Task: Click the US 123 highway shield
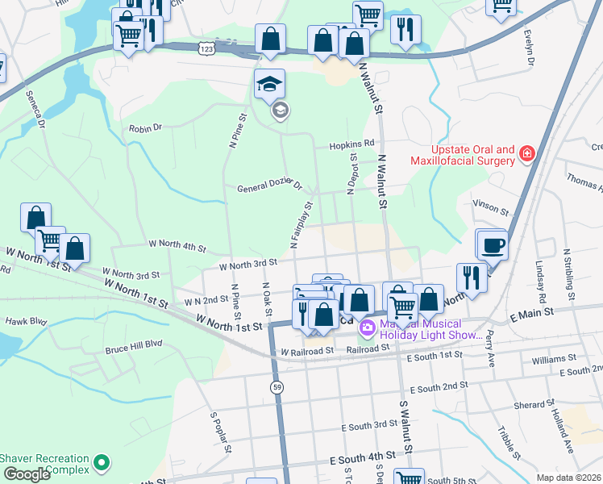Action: click(x=205, y=49)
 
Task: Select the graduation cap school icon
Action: click(x=270, y=84)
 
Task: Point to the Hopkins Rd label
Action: click(x=351, y=144)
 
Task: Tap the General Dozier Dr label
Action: click(x=269, y=187)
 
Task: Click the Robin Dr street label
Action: click(x=146, y=127)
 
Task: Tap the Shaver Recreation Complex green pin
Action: click(x=101, y=463)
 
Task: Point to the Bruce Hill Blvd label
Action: click(x=134, y=351)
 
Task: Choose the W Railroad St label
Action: click(x=307, y=352)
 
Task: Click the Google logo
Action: click(x=26, y=474)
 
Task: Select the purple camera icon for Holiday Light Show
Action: click(x=366, y=327)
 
